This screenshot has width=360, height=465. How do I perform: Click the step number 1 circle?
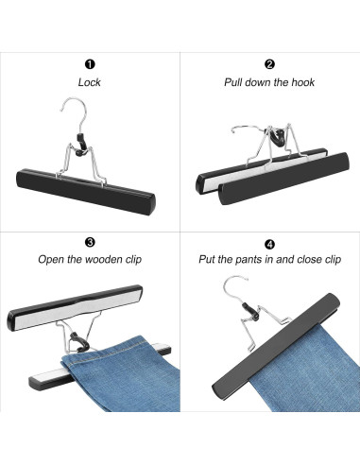90,64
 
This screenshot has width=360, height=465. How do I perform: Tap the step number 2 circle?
269,64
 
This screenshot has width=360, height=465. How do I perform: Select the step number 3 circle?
90,241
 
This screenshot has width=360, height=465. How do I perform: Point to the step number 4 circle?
269,241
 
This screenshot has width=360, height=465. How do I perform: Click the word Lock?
90,82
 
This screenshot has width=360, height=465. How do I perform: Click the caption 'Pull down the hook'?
269,82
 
